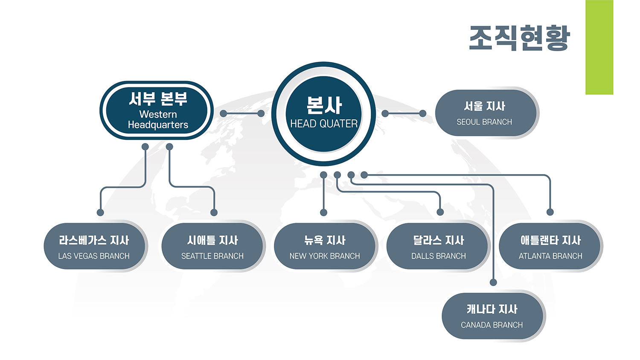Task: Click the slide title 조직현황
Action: pos(519,38)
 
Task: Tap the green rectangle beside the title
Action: pos(599,47)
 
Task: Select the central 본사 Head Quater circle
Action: pos(324,113)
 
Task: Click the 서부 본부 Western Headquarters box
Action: pos(157,111)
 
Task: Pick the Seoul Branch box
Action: pos(485,113)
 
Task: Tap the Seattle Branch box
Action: pos(212,247)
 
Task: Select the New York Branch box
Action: pos(324,247)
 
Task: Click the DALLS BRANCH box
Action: pos(438,247)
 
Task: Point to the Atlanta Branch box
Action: pos(550,247)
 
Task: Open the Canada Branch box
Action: pos(492,316)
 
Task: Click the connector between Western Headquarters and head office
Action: pos(242,113)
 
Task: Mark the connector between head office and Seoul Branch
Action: pos(404,113)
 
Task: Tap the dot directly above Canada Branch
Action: pos(493,282)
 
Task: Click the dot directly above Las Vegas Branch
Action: pos(100,212)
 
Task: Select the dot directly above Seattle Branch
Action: pos(214,212)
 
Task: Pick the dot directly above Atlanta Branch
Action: pos(550,212)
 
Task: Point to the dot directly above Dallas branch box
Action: pos(440,212)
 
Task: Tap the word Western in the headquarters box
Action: pos(158,114)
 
